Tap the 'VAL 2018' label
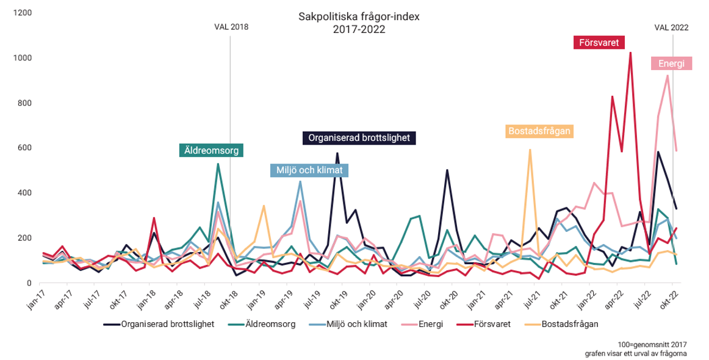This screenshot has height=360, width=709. [231, 27]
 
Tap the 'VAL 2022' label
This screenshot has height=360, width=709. [672, 27]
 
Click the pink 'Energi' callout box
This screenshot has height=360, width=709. [671, 63]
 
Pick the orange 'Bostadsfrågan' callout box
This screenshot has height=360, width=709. [540, 131]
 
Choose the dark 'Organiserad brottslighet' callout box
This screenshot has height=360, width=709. [359, 138]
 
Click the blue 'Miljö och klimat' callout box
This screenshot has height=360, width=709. [309, 170]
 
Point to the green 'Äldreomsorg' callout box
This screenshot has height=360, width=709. [211, 150]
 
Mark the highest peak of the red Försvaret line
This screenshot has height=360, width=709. [630, 52]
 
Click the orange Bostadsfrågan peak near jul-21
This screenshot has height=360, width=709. [530, 149]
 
